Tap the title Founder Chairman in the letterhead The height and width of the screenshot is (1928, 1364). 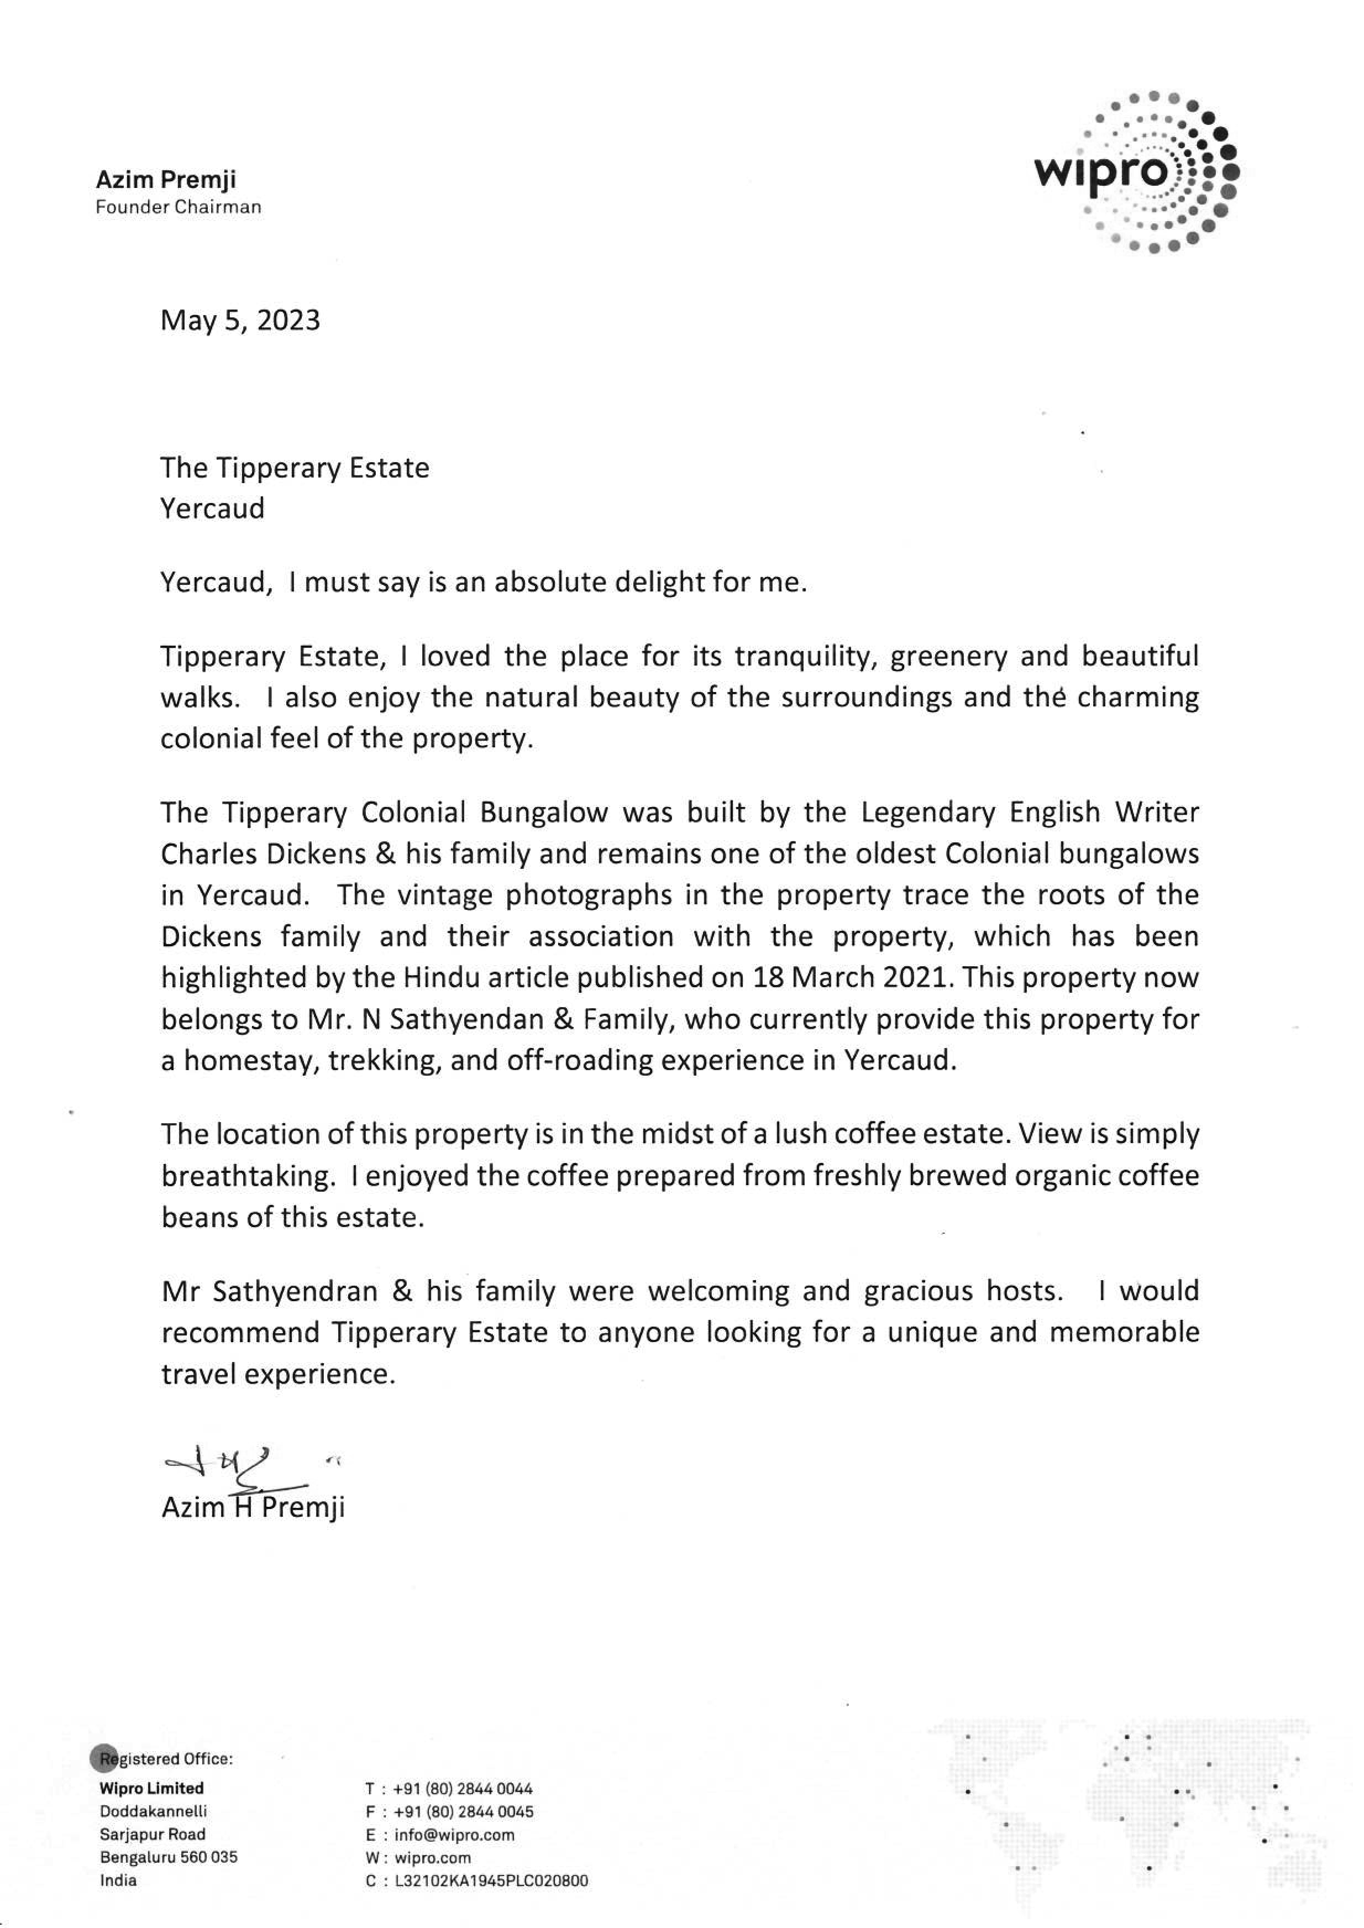178,207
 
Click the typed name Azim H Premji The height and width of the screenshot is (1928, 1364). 253,1507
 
